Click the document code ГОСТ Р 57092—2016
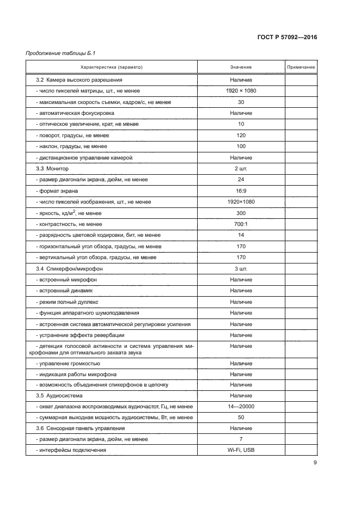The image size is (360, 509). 287,38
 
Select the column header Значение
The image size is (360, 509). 241,67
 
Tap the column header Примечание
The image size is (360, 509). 301,67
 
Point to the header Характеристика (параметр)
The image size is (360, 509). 111,67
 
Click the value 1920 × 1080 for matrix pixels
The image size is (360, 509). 241,91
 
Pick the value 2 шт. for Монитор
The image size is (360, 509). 241,169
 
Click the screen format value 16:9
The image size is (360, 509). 241,191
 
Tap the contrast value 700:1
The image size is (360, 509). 241,224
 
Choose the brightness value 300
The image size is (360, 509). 241,213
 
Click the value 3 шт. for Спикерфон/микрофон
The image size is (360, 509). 241,269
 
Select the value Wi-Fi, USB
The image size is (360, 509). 241,450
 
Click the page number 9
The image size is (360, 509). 315,463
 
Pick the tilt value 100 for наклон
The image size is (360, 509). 241,146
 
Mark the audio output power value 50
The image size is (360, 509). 241,418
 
